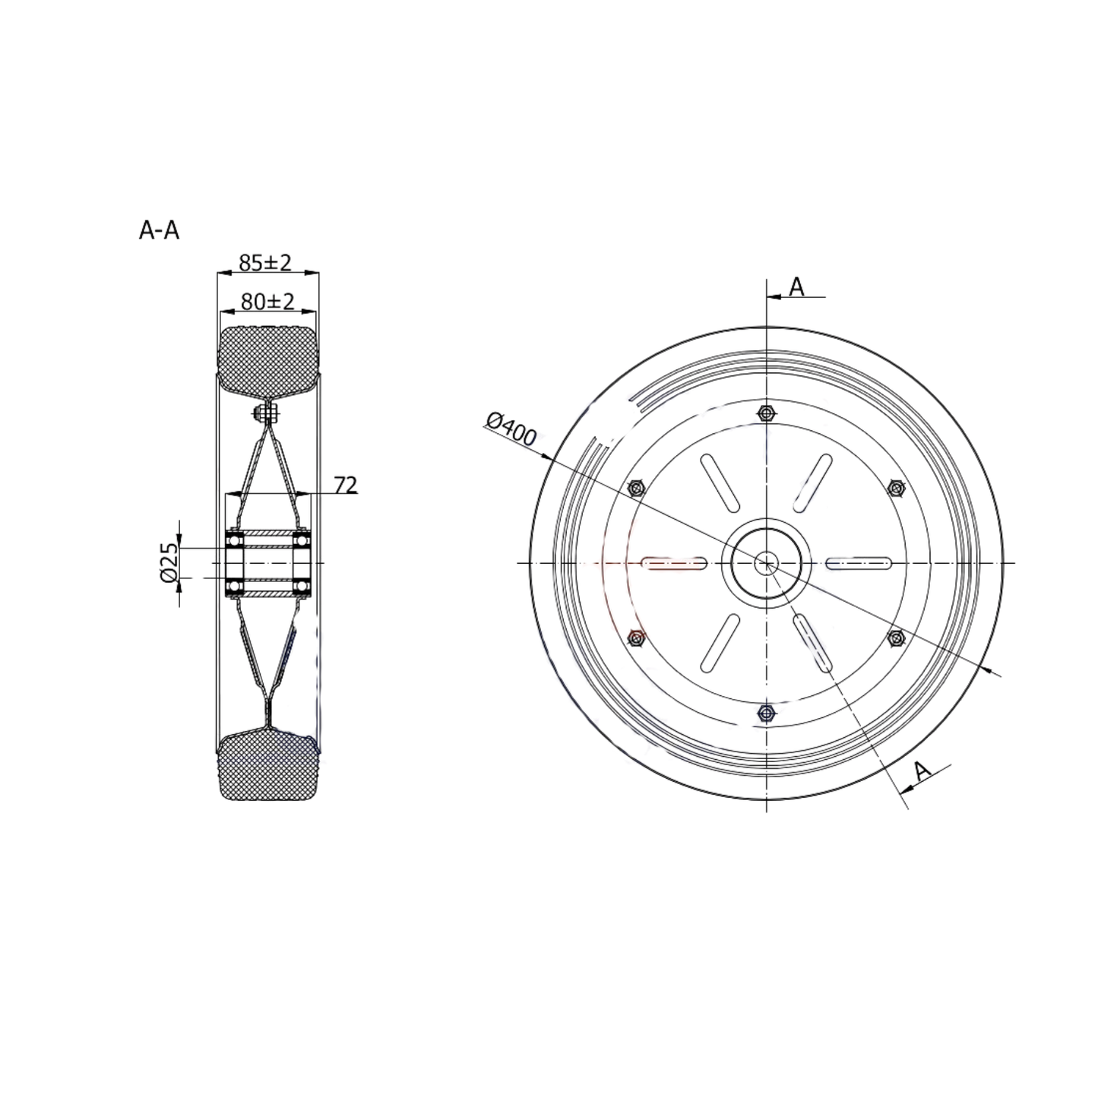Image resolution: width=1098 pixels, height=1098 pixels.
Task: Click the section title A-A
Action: coord(159,230)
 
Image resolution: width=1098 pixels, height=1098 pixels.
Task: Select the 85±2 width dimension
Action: coord(264,263)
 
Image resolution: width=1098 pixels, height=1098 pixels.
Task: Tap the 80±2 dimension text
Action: coord(267,302)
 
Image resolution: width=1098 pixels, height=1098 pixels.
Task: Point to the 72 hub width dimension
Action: coord(345,485)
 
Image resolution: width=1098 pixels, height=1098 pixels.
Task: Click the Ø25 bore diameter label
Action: coord(169,563)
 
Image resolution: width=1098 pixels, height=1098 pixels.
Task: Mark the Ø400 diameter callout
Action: coord(511,429)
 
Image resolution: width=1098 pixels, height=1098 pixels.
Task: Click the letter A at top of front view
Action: coord(796,286)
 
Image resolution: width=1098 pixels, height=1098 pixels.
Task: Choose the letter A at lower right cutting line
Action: coord(921,771)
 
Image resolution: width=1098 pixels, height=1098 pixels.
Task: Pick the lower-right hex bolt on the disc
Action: coord(895,638)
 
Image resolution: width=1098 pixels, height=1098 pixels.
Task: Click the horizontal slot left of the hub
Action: coord(675,563)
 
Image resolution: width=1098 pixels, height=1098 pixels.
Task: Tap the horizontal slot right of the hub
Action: coord(859,563)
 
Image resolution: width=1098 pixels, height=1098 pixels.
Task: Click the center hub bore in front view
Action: coord(766,563)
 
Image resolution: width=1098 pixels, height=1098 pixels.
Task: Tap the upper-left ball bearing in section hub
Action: coord(235,540)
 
